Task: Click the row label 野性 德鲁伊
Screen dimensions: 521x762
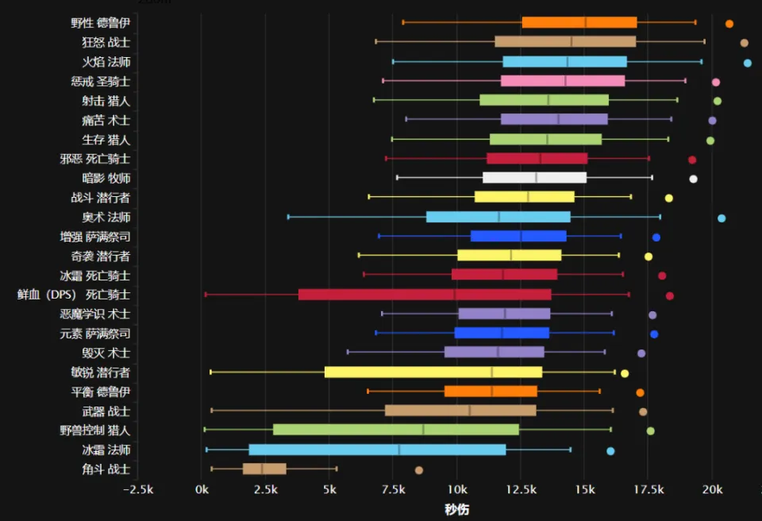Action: [100, 23]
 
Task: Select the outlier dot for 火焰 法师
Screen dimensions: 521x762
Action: [747, 63]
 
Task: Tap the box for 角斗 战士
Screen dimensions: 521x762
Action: [264, 469]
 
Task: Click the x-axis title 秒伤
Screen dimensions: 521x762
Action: [456, 509]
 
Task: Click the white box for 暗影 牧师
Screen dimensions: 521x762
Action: [534, 178]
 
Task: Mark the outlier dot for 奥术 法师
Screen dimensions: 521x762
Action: [722, 218]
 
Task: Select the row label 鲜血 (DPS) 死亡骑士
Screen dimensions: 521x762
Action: [73, 295]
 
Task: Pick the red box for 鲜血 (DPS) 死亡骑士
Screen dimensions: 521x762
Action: [425, 295]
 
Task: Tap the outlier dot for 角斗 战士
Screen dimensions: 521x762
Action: [419, 470]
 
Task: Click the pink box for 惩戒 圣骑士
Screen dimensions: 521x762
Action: [563, 81]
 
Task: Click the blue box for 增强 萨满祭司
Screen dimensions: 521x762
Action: [518, 236]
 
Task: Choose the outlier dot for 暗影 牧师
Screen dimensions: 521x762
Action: [693, 179]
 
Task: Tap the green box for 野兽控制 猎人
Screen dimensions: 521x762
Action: [396, 430]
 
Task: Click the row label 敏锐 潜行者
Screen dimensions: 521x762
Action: [100, 372]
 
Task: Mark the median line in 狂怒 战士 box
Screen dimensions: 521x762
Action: [571, 41]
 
